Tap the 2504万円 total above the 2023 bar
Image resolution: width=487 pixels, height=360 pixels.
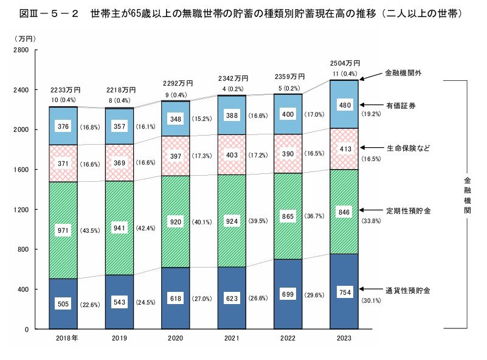[x=345, y=63]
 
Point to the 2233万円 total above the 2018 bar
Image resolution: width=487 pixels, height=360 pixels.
[x=63, y=90]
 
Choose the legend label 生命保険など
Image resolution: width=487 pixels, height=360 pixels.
[x=407, y=148]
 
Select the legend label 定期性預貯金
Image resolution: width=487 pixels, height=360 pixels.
[x=407, y=210]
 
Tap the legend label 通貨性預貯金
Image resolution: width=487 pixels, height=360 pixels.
[x=407, y=291]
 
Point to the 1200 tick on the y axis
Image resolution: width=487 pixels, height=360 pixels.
[x=21, y=210]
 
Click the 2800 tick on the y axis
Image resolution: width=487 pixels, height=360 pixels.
[x=21, y=50]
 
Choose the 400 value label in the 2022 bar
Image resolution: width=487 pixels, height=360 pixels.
[x=289, y=114]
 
